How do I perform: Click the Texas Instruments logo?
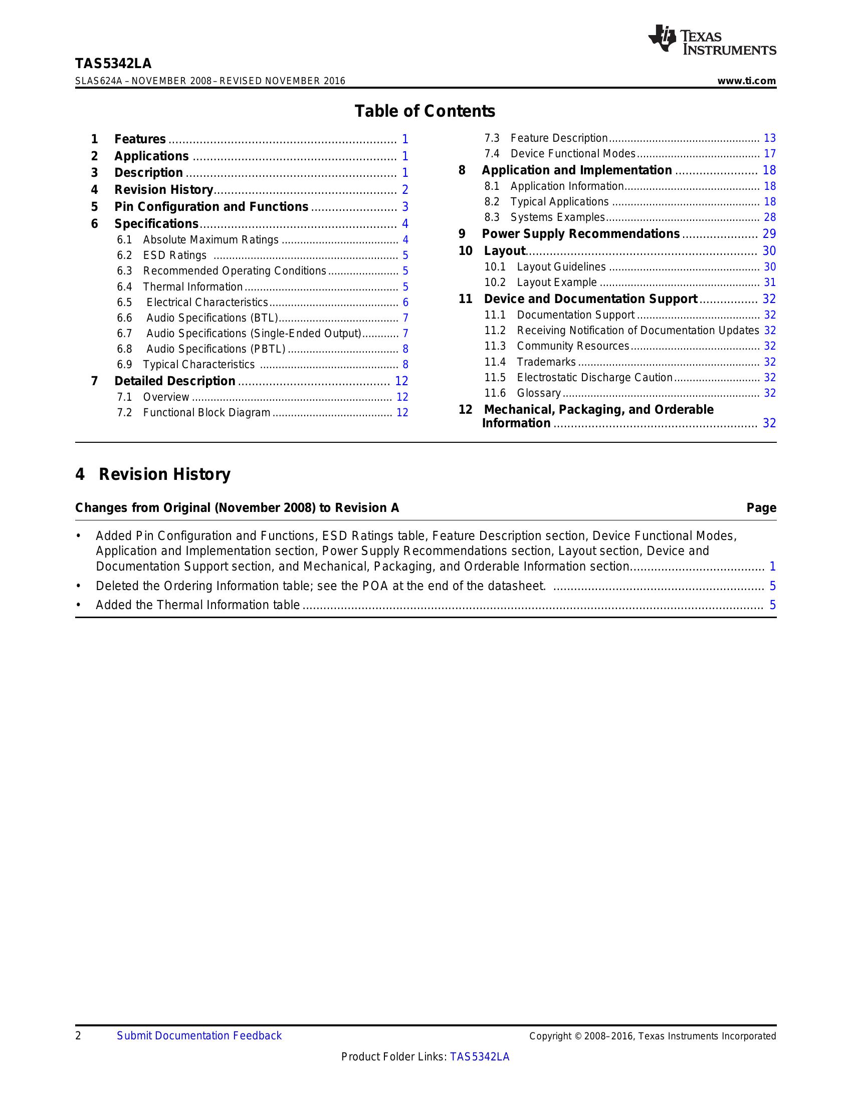[712, 40]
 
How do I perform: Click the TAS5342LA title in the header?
[113, 64]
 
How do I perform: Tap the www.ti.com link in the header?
[747, 81]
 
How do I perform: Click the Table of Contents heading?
[424, 111]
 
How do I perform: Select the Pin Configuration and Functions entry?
[211, 207]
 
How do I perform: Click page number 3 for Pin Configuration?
[405, 207]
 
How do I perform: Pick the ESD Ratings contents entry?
[174, 255]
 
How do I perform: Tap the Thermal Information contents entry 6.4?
[192, 287]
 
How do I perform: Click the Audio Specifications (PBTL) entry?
[216, 349]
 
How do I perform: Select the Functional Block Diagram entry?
[206, 413]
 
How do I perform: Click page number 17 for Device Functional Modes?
[769, 154]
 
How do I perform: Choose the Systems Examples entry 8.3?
[557, 217]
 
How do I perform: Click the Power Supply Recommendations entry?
[580, 234]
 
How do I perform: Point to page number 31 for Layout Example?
[769, 283]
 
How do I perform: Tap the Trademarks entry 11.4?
[546, 362]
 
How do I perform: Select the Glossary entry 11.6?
[539, 393]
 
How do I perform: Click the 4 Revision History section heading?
[153, 474]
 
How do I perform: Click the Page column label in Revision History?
[761, 508]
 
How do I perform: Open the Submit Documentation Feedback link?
[199, 1036]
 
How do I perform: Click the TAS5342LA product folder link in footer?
[480, 1056]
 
